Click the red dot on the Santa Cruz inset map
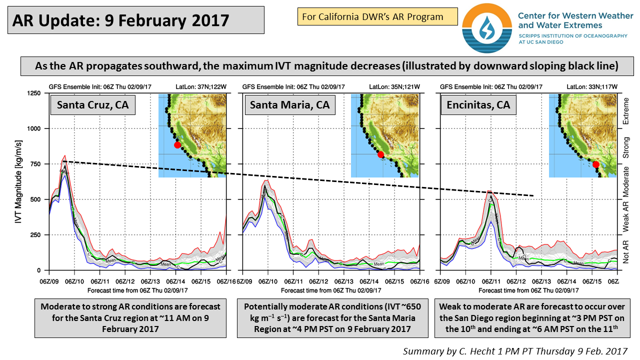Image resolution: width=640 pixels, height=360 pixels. [177, 145]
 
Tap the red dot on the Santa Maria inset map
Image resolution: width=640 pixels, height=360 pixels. [380, 154]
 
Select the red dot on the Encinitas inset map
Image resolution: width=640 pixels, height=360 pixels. [595, 164]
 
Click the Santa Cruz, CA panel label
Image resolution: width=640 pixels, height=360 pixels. [92, 105]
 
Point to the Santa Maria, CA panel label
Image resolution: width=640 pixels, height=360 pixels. [290, 105]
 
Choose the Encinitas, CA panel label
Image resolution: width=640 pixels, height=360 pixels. [478, 105]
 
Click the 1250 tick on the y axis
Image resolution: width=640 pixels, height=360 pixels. [33, 93]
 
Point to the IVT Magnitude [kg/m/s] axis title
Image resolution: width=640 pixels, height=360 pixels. [18, 181]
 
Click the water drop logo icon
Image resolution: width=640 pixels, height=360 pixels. [487, 28]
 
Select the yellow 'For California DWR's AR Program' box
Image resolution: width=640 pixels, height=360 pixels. [377, 16]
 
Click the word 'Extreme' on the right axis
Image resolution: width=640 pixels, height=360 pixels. [625, 111]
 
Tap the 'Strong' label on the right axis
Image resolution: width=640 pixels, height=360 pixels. [625, 147]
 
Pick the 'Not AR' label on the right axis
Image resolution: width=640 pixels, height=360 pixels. [625, 251]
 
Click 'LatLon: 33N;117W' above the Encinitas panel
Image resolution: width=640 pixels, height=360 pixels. [592, 86]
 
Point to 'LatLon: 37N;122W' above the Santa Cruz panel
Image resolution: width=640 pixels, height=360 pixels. [201, 86]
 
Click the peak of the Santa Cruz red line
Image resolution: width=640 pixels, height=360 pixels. [65, 155]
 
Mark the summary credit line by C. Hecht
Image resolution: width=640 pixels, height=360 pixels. [515, 351]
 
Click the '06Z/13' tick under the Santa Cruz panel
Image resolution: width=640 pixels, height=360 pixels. [150, 281]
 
